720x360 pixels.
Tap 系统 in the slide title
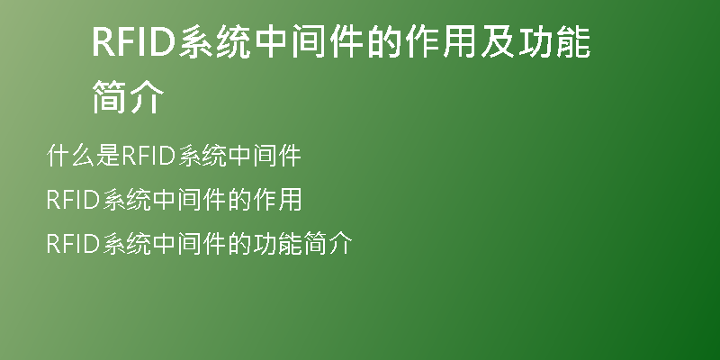214,41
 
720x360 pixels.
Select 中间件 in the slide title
309,41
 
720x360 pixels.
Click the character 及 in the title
498,41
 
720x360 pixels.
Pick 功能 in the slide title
554,41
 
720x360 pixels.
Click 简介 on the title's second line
128,96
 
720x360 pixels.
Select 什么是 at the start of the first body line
83,155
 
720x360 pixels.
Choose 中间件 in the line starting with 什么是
265,155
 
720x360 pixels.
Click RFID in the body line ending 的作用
74,200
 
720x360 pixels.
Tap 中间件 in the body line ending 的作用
189,200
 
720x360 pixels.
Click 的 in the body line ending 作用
238,200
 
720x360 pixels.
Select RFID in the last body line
74,243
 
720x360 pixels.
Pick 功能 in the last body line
277,243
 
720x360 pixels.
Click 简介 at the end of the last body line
328,243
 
